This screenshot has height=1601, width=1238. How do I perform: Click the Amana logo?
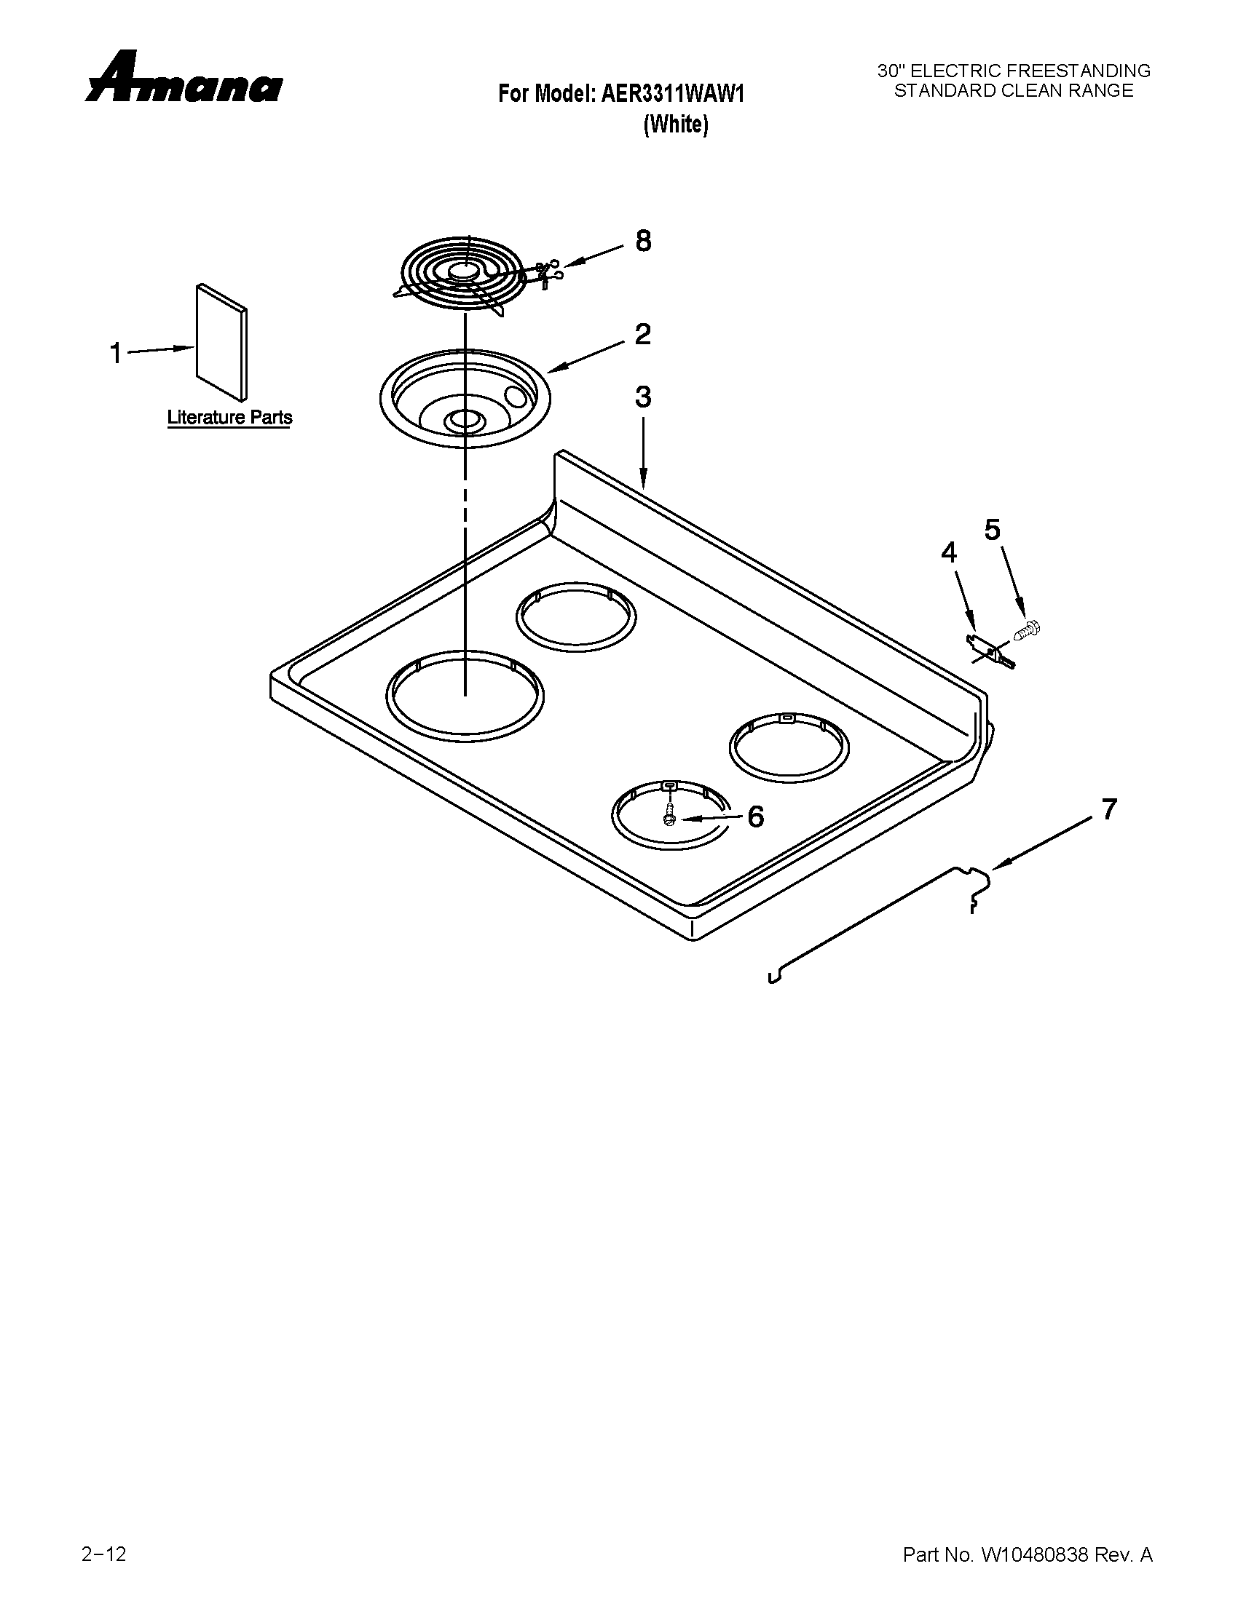click(184, 78)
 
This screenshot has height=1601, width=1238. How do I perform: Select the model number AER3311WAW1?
click(673, 94)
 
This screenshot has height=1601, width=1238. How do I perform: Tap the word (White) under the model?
click(676, 125)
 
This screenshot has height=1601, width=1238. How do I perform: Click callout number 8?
click(642, 241)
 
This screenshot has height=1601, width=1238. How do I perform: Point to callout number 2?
click(642, 335)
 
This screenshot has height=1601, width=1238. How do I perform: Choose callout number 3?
click(642, 397)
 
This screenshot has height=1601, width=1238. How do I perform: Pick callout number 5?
click(992, 529)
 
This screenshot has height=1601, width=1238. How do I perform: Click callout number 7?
click(1108, 809)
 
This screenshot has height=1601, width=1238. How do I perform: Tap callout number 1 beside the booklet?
click(116, 354)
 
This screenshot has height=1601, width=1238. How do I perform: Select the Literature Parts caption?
click(229, 418)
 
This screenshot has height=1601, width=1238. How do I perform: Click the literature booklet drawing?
click(221, 343)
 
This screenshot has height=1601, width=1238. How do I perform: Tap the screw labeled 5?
click(1028, 629)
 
